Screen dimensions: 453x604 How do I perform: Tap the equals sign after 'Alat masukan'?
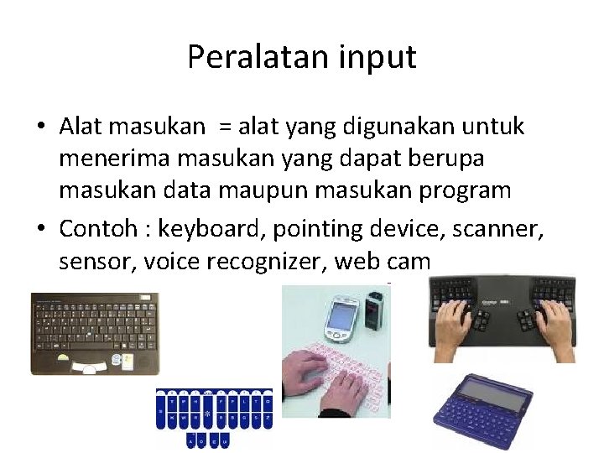[x=224, y=128]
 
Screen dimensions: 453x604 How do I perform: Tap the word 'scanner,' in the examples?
[x=487, y=229]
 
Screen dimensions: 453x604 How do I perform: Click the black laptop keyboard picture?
[x=94, y=332]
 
